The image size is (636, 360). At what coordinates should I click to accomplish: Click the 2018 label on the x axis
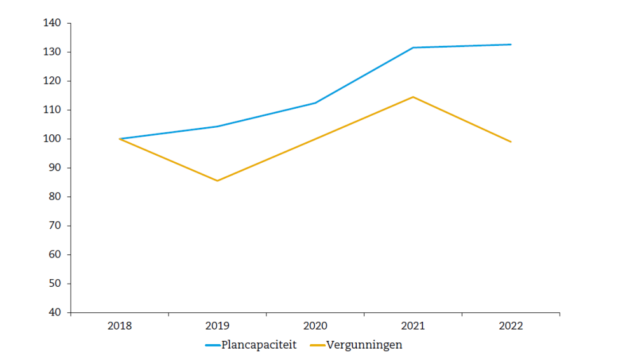click(x=120, y=326)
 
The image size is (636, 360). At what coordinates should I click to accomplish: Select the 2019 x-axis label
click(x=218, y=326)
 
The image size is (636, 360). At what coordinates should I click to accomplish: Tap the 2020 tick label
click(x=315, y=326)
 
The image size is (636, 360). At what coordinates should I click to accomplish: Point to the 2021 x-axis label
click(x=413, y=326)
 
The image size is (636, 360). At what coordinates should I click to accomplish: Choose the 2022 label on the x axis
click(x=511, y=326)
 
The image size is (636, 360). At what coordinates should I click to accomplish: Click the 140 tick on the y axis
click(x=52, y=23)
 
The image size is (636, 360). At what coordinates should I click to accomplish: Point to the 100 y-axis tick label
click(x=52, y=139)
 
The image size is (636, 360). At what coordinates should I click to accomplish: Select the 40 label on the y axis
click(x=55, y=312)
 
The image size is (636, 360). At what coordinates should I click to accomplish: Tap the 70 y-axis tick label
click(x=55, y=226)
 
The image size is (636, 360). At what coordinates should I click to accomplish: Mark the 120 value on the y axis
click(x=52, y=81)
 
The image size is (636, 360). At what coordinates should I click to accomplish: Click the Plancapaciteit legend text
click(x=259, y=345)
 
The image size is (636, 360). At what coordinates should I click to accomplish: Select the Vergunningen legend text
click(x=364, y=345)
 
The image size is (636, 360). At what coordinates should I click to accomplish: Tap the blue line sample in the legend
click(x=212, y=346)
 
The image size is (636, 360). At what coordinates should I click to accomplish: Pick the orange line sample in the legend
click(x=317, y=346)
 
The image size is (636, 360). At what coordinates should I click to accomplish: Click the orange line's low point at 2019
click(x=218, y=181)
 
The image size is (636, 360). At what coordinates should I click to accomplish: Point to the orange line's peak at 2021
click(x=413, y=97)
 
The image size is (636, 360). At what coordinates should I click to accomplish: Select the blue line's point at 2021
click(x=413, y=48)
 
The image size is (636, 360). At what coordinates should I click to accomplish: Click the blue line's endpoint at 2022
click(x=511, y=45)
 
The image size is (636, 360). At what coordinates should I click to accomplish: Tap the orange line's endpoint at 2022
click(x=511, y=142)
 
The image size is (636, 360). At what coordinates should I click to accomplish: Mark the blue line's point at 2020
click(x=315, y=103)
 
